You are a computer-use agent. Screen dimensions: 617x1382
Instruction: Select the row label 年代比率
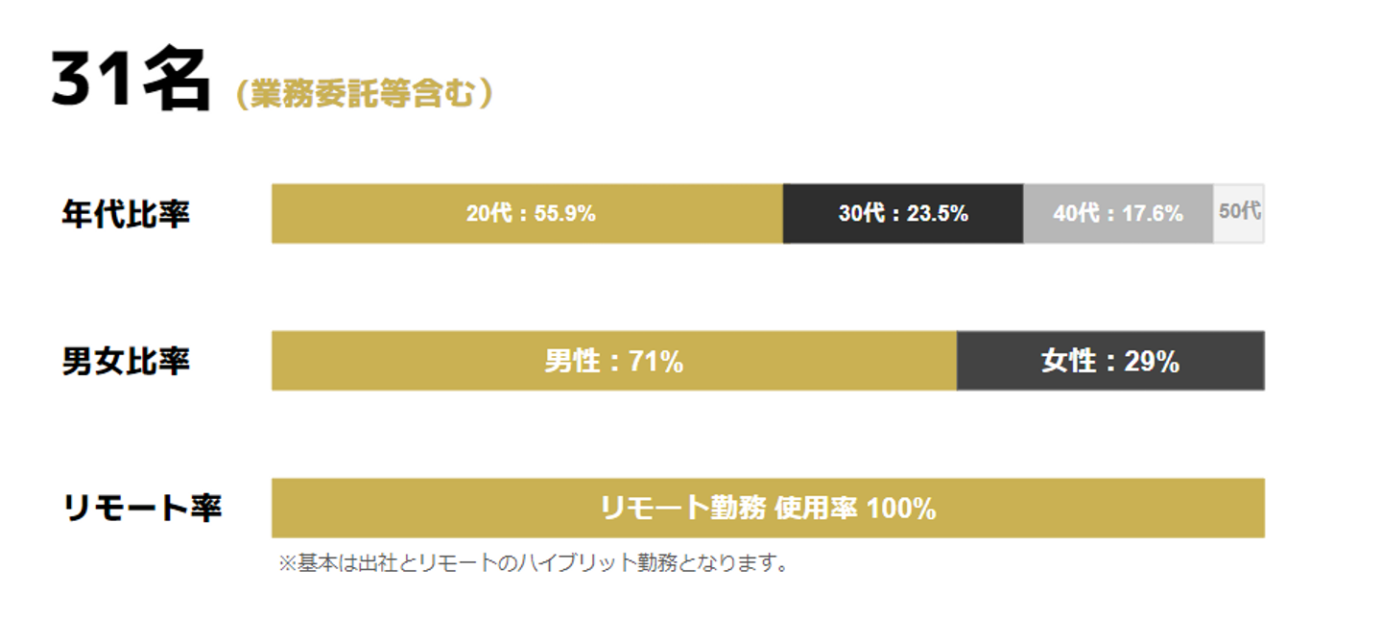tap(126, 214)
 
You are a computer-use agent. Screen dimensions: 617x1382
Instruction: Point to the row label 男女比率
tap(126, 362)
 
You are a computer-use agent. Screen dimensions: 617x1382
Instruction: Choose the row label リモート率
tap(142, 509)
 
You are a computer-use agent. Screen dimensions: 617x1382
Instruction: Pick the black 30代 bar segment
tap(902, 213)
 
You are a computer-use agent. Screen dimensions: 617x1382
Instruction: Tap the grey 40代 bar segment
tap(1117, 213)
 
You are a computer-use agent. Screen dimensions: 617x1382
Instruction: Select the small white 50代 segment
tap(1239, 212)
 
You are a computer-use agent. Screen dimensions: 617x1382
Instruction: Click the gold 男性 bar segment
tap(614, 361)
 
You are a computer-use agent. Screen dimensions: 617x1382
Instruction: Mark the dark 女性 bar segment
tap(1109, 361)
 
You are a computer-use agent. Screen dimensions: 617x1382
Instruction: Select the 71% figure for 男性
tap(655, 362)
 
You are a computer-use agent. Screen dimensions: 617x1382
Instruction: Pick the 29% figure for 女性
tap(1152, 362)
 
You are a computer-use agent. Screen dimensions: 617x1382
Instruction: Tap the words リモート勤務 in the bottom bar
tap(682, 509)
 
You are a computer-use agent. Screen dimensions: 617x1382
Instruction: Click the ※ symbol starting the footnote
tap(287, 563)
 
